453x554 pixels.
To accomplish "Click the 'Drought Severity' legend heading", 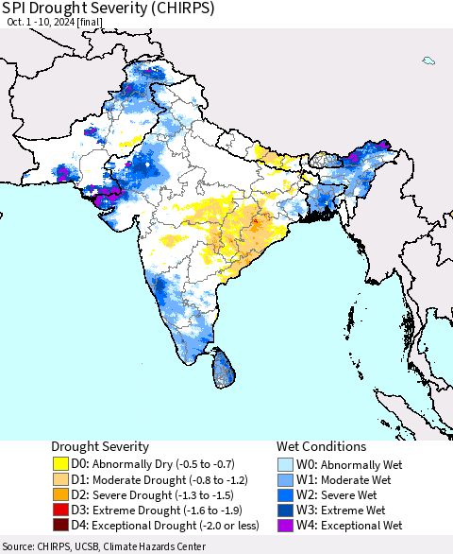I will click(x=100, y=446).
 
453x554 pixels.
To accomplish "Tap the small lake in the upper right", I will click(x=429, y=61).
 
